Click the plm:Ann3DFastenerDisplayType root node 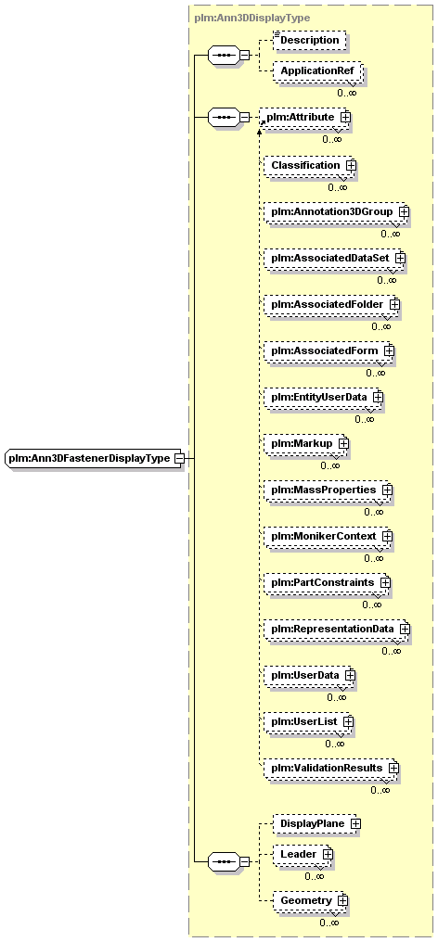(95, 458)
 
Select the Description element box (310, 40)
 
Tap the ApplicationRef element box (317, 71)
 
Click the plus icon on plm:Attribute (345, 117)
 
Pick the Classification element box (308, 165)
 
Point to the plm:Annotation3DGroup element (334, 211)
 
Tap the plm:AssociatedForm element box (328, 350)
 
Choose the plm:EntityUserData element (322, 397)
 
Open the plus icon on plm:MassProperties (387, 490)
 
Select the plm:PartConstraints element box (326, 583)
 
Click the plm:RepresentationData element (335, 629)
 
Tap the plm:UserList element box (307, 721)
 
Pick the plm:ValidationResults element (329, 768)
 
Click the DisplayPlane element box (316, 823)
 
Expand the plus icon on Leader (327, 853)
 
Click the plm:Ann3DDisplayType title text (252, 18)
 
